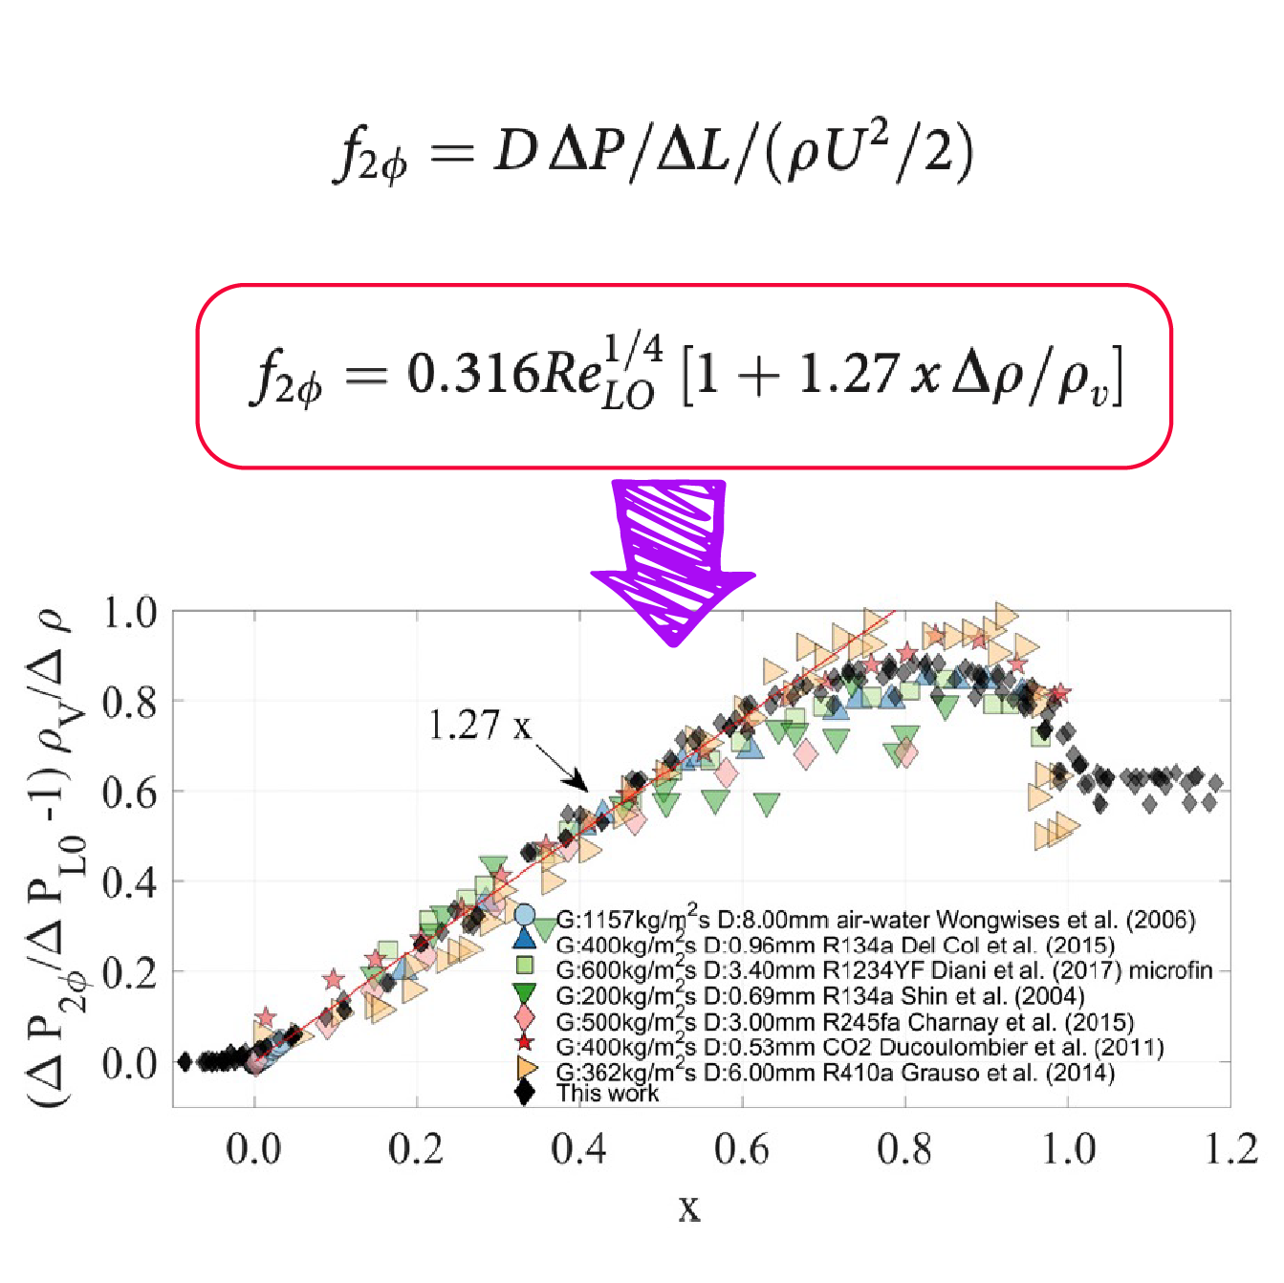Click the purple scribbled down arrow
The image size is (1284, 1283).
click(x=673, y=559)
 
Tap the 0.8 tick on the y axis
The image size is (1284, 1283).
click(x=130, y=703)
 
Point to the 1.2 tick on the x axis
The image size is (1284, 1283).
click(x=1231, y=1148)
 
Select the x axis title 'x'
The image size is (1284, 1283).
click(x=689, y=1208)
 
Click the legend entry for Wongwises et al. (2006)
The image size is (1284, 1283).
click(x=875, y=920)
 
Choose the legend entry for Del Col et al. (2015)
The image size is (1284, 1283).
click(x=835, y=946)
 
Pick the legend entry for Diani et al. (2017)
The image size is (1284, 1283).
click(x=883, y=971)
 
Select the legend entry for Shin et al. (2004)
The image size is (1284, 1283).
click(x=820, y=996)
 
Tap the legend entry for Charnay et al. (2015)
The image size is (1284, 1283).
click(x=845, y=1022)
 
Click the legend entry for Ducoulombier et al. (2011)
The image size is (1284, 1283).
click(x=860, y=1047)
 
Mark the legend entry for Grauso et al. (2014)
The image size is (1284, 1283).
click(x=835, y=1073)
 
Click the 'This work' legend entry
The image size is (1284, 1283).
click(x=608, y=1094)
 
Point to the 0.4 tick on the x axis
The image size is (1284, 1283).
click(x=579, y=1148)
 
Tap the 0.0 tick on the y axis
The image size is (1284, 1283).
click(x=130, y=1063)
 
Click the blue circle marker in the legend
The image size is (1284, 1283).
click(x=524, y=916)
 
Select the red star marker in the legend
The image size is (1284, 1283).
click(x=524, y=1042)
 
